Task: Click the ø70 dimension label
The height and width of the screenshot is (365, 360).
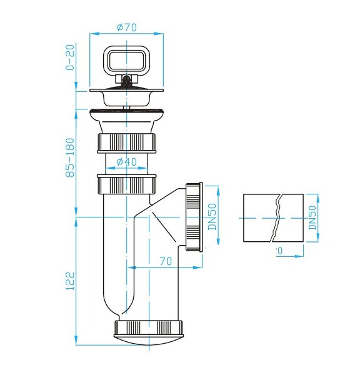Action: [127, 27]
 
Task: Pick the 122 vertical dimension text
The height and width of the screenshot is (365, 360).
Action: [70, 280]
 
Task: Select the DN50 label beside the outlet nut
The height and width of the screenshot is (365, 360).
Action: [212, 216]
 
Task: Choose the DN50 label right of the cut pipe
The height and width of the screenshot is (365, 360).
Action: [312, 216]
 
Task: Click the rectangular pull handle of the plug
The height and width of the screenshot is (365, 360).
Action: [127, 61]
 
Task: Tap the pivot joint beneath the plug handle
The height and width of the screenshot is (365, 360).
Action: [127, 80]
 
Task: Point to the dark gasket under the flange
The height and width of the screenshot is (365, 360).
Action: [127, 112]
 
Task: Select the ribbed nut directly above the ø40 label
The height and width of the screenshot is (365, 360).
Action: [127, 143]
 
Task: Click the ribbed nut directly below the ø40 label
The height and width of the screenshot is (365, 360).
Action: [127, 184]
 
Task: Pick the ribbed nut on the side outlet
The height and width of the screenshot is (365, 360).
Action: [194, 216]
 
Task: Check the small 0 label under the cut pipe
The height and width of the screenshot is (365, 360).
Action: [279, 251]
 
